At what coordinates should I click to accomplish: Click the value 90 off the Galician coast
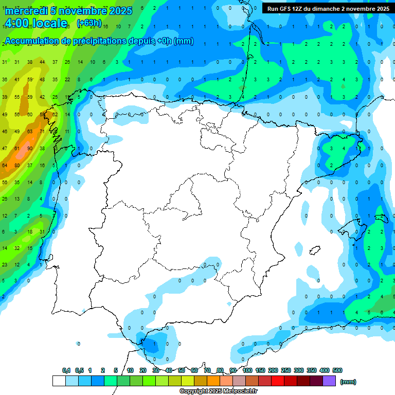(x=30, y=149)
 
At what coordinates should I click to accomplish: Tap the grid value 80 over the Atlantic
(x=17, y=166)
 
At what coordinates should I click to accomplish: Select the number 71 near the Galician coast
(x=42, y=132)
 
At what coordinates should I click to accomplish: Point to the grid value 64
(x=5, y=166)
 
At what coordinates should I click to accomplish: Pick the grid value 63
(x=30, y=132)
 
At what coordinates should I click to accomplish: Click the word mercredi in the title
(x=25, y=11)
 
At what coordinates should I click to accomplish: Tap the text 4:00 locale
(x=35, y=23)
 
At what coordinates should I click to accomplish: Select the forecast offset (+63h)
(x=89, y=23)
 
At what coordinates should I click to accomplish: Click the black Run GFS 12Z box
(x=328, y=9)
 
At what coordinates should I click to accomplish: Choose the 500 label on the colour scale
(x=337, y=370)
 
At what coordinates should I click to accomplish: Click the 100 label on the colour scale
(x=247, y=370)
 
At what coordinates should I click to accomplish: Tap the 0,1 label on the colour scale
(x=66, y=370)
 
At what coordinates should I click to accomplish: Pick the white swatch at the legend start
(x=59, y=381)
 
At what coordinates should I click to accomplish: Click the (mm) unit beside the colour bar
(x=348, y=382)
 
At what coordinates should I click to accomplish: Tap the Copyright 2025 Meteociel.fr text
(x=219, y=391)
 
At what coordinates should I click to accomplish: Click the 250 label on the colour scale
(x=286, y=370)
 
